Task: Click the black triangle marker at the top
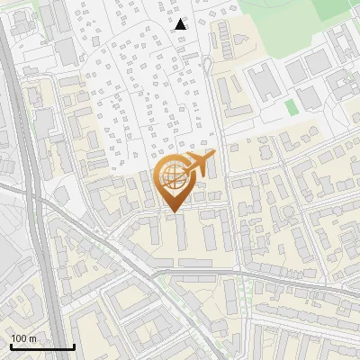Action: pyautogui.click(x=181, y=24)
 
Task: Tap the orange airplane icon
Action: pyautogui.click(x=199, y=166)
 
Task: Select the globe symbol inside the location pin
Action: pyautogui.click(x=172, y=176)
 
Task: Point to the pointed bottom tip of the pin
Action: pyautogui.click(x=172, y=212)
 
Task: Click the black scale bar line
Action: pyautogui.click(x=41, y=346)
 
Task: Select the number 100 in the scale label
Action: pyautogui.click(x=20, y=338)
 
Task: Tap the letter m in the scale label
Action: pyautogui.click(x=32, y=338)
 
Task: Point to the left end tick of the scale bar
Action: pyautogui.click(x=10, y=345)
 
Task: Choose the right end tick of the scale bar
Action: pyautogui.click(x=74, y=345)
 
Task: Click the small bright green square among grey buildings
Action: pyautogui.click(x=291, y=107)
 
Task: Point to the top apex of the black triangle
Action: pyautogui.click(x=181, y=19)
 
